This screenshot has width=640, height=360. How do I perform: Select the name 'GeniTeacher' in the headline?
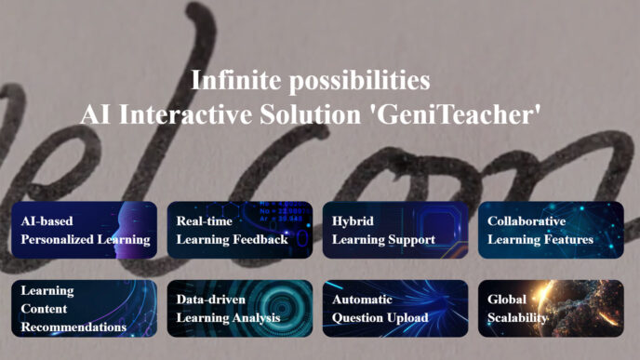click(456, 114)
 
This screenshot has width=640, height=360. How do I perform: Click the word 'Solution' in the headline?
click(310, 114)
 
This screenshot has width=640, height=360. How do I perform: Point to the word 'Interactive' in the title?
click(185, 114)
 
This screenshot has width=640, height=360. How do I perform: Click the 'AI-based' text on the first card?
click(47, 221)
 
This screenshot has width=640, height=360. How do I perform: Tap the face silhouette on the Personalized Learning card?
click(130, 230)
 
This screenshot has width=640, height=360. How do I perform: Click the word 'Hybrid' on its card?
click(353, 221)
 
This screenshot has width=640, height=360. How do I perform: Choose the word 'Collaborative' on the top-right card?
click(527, 221)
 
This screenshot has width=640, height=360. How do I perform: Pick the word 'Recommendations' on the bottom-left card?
click(73, 327)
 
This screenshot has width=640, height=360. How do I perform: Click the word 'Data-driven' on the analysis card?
click(211, 300)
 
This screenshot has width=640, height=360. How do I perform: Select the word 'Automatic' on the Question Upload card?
click(362, 300)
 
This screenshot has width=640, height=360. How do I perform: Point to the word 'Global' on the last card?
click(507, 300)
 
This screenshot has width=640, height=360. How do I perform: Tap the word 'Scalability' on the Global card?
click(517, 318)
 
